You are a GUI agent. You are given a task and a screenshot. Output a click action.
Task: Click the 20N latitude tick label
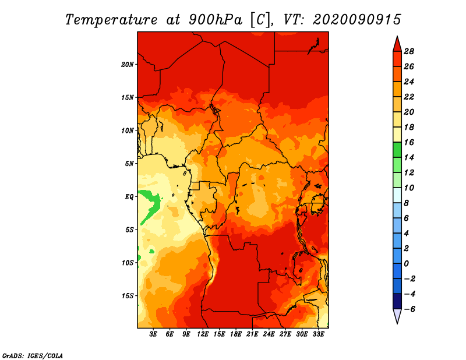(x=128, y=65)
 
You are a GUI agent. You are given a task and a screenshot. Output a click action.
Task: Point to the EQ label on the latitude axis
(x=129, y=197)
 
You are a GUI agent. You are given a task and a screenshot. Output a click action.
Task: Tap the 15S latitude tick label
(x=128, y=296)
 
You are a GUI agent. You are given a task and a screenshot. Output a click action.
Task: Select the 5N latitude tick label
(x=129, y=164)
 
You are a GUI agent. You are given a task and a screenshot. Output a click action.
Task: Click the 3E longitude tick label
(x=153, y=334)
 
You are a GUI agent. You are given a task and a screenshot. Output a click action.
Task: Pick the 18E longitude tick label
(x=236, y=334)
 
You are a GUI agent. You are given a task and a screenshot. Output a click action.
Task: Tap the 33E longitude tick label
(x=318, y=334)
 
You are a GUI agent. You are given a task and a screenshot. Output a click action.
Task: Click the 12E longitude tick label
(x=203, y=334)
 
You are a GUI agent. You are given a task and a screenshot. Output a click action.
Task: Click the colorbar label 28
(x=409, y=52)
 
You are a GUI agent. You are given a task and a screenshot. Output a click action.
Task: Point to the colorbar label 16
(x=409, y=143)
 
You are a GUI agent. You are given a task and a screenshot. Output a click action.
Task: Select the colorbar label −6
(x=409, y=309)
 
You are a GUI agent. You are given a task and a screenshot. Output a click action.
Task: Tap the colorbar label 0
(x=407, y=264)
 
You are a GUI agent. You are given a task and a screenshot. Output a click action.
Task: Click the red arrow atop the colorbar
(x=397, y=44)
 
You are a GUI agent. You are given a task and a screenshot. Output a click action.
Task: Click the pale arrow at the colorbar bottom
(x=397, y=316)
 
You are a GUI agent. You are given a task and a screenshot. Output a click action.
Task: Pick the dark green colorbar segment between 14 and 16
(x=397, y=150)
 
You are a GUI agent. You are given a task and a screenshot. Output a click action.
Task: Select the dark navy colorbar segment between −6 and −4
(x=397, y=301)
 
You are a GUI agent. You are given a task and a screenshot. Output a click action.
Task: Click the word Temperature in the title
(x=111, y=20)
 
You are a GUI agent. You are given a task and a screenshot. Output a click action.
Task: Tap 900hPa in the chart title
(x=216, y=20)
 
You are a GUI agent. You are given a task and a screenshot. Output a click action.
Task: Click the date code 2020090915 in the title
(x=357, y=20)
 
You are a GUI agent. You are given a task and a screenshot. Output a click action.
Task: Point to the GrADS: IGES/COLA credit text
(x=33, y=356)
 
